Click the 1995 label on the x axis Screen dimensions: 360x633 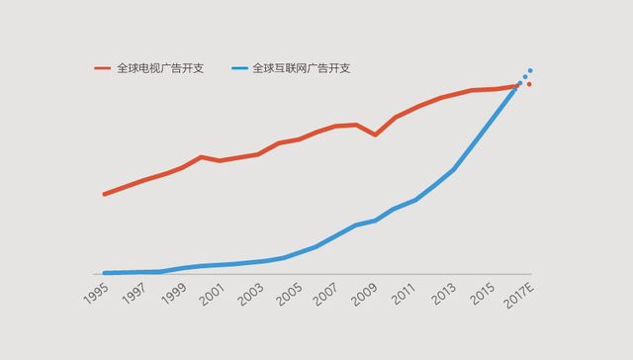click(96, 295)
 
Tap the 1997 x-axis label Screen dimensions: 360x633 click(135, 295)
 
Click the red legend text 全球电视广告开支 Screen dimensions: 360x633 click(160, 68)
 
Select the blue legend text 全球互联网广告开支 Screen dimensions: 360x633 click(301, 68)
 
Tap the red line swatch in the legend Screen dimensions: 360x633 click(103, 68)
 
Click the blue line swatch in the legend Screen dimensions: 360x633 click(238, 68)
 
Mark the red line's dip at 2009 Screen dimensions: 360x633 click(375, 135)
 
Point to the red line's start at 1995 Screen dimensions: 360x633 click(104, 194)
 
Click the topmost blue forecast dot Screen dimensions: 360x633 click(530, 70)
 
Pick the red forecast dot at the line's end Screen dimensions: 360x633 click(529, 84)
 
